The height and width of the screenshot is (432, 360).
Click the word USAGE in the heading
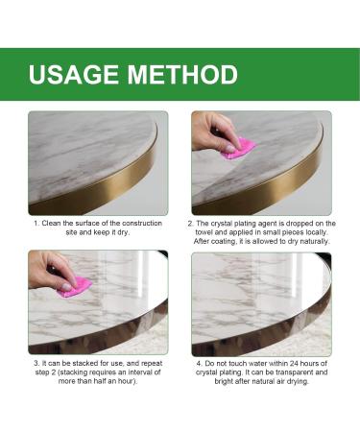pyautogui.click(x=76, y=76)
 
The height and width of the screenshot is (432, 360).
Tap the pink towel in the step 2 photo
pyautogui.click(x=237, y=149)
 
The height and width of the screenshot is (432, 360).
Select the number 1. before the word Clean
pyautogui.click(x=37, y=223)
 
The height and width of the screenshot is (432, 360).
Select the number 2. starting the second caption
pyautogui.click(x=190, y=223)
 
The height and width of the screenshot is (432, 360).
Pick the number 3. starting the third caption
pyautogui.click(x=37, y=364)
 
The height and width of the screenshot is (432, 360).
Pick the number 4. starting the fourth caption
pyautogui.click(x=200, y=364)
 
